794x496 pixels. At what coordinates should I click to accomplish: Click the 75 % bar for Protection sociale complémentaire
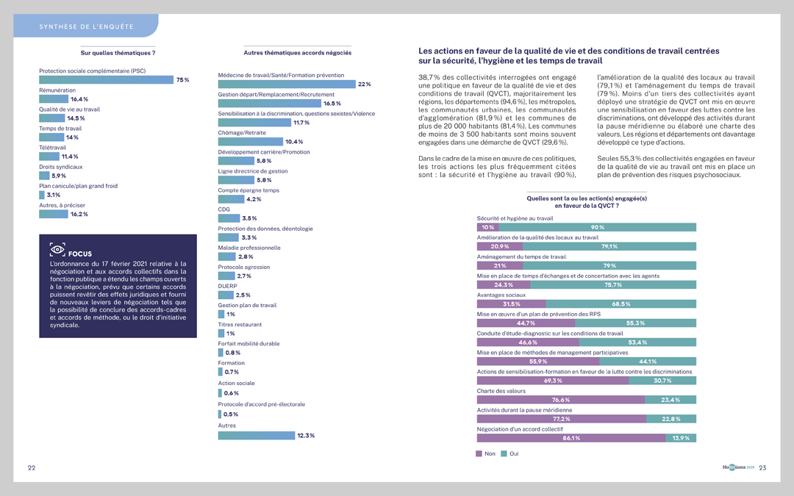[106, 80]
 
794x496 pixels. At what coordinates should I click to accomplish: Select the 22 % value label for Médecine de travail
[364, 85]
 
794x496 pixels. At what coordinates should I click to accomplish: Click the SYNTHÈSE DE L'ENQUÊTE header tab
[86, 27]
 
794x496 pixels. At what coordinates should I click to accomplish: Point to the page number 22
[32, 468]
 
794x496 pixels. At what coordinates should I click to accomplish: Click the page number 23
[762, 468]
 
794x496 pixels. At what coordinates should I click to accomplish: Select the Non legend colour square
[479, 454]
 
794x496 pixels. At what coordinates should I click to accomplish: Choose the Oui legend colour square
[504, 454]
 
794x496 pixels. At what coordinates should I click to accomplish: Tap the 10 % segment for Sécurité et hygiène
[487, 228]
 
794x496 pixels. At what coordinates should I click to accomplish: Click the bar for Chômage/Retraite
[250, 142]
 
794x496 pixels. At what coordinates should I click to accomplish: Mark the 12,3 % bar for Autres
[256, 436]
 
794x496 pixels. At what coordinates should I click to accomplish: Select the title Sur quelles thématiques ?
[118, 53]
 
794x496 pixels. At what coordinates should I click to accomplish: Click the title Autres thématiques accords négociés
[297, 53]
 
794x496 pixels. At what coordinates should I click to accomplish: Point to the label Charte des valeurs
[501, 391]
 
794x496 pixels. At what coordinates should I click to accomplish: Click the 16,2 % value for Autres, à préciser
[79, 215]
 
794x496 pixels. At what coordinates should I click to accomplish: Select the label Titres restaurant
[240, 325]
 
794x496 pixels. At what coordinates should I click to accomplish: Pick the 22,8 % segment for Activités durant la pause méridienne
[670, 419]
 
